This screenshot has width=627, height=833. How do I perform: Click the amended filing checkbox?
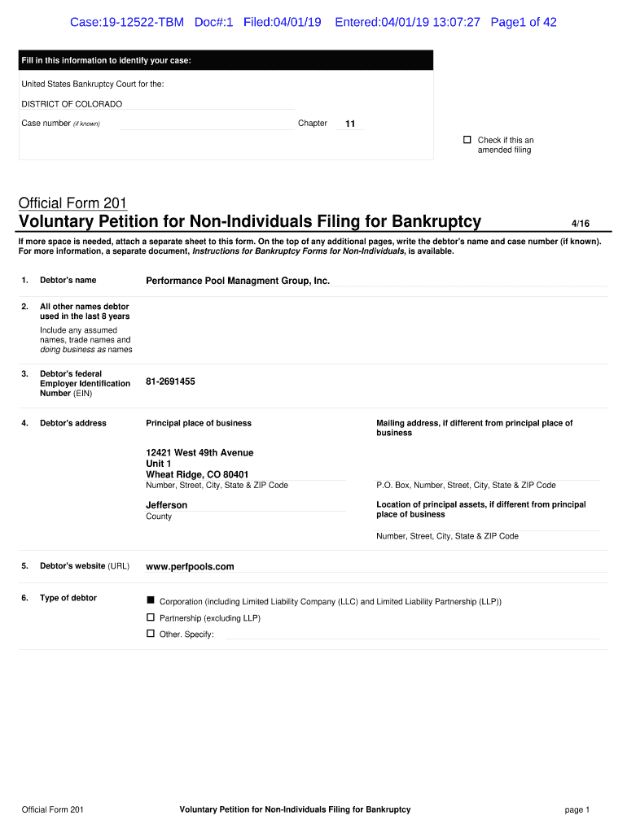[x=467, y=140]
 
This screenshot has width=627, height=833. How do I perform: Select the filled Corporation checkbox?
[x=151, y=600]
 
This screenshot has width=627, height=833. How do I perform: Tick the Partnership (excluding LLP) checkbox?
[x=151, y=617]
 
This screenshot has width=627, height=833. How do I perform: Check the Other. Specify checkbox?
[x=151, y=633]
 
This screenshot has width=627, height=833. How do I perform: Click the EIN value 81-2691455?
[x=170, y=381]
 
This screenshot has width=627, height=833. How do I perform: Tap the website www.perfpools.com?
[x=190, y=566]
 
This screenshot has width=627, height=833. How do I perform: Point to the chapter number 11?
[x=350, y=124]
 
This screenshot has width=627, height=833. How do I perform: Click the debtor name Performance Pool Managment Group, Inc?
[x=238, y=281]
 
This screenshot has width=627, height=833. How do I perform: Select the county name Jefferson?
[x=166, y=505]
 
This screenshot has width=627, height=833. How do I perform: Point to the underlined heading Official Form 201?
[x=72, y=203]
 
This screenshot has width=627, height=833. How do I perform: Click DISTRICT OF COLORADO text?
[x=72, y=104]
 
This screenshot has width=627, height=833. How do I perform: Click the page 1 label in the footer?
[x=577, y=809]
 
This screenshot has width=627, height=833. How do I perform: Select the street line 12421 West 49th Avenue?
[x=199, y=452]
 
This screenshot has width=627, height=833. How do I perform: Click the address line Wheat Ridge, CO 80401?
[x=197, y=474]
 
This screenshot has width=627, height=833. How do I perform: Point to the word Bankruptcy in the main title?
[x=436, y=221]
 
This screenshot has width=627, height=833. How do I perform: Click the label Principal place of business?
[x=199, y=423]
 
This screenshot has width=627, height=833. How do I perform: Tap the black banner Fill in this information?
[x=107, y=61]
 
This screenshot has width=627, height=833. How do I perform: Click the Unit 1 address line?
[x=159, y=464]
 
